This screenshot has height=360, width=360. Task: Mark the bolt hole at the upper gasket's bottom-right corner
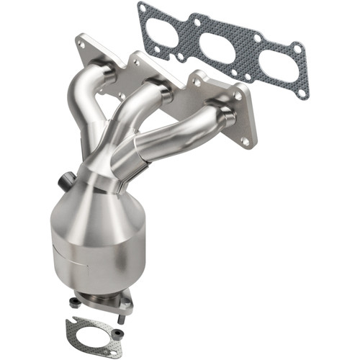pos(302,93)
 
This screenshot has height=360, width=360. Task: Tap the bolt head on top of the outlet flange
pos(128,294)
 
